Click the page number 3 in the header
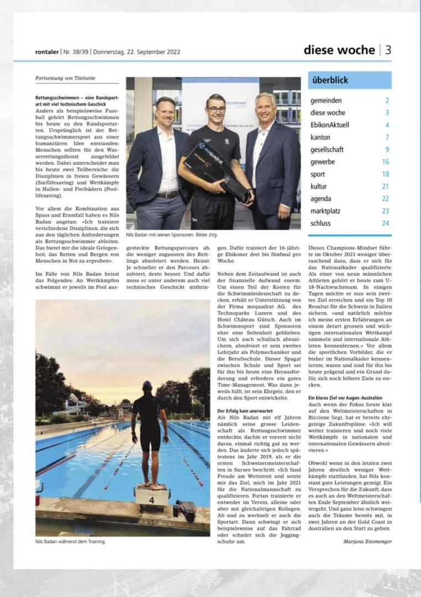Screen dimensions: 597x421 click(388, 50)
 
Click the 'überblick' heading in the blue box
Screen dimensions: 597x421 click(330, 80)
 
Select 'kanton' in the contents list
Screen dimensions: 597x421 click(320, 137)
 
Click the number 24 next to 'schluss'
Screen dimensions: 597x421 click(385, 223)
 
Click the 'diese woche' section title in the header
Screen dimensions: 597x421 click(339, 50)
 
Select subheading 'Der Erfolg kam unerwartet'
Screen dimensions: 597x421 click(244, 411)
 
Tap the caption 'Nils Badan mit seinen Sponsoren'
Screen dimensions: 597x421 click(160, 235)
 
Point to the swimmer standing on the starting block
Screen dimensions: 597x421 click(149, 431)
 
